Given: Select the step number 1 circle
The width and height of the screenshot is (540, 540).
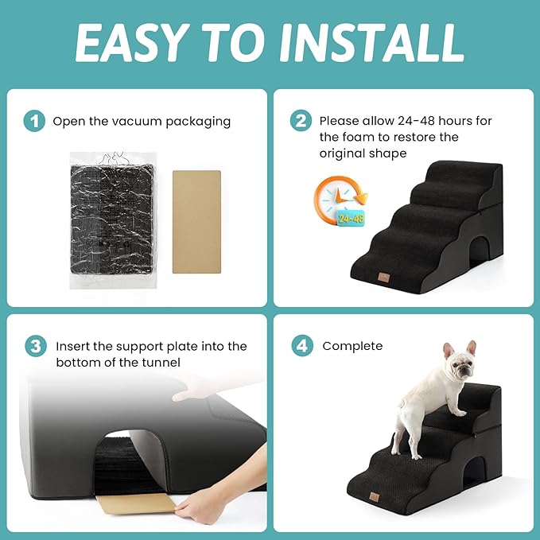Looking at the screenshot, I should click(x=34, y=121).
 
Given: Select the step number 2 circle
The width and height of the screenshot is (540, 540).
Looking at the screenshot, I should click(x=301, y=121).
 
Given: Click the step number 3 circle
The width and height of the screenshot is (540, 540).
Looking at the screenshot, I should click(x=34, y=346).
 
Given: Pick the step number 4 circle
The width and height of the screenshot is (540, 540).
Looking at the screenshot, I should click(x=301, y=346).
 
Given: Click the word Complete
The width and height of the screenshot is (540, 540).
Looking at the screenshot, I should click(x=352, y=346).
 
